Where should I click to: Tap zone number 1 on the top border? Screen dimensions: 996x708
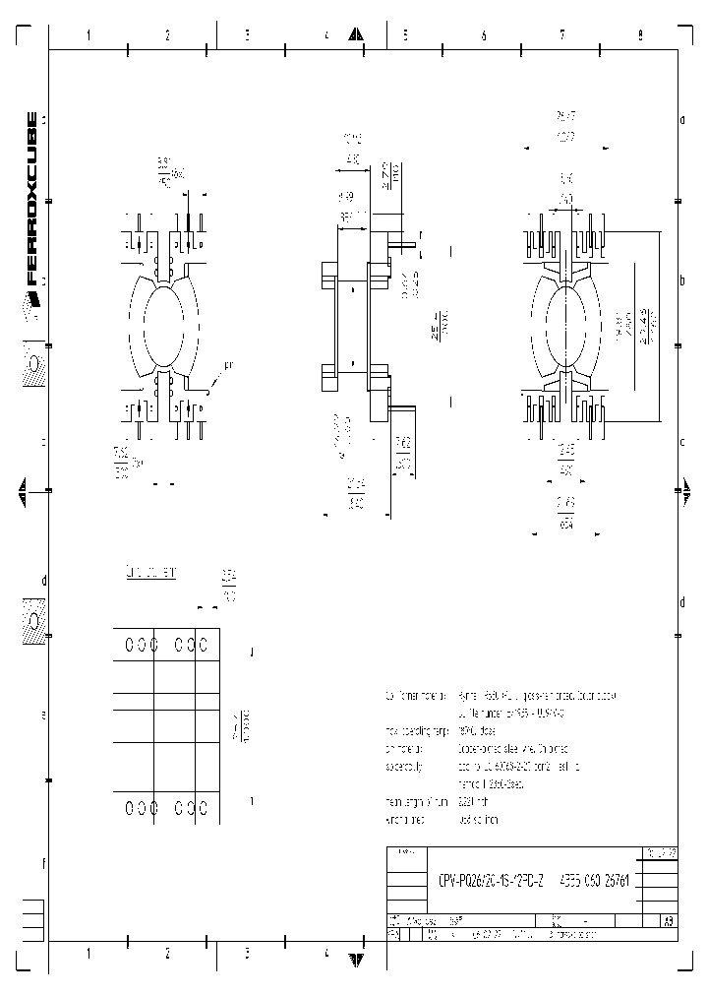[x=88, y=35]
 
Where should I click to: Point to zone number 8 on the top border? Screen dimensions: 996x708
[x=640, y=35]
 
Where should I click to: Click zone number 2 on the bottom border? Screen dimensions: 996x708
[x=168, y=953]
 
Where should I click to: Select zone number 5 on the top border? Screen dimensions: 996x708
[x=404, y=35]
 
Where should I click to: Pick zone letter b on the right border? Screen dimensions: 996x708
[x=681, y=280]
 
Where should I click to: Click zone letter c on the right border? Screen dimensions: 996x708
[x=681, y=442]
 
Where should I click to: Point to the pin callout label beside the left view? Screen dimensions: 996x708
[x=228, y=366]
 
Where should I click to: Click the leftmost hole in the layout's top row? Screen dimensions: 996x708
[x=129, y=645]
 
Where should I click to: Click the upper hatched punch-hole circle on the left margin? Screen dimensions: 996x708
[x=33, y=365]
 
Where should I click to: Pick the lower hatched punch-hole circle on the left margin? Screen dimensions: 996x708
[x=33, y=622]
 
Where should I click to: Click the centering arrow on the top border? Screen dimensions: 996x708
[x=359, y=35]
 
